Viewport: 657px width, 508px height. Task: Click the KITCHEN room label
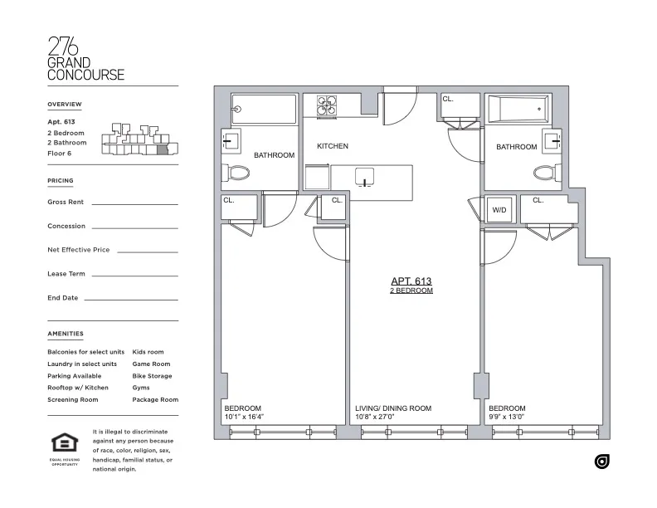click(332, 146)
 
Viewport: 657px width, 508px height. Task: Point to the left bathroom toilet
click(239, 174)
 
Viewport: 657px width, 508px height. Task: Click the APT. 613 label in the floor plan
click(411, 281)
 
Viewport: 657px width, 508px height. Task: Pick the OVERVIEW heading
click(65, 104)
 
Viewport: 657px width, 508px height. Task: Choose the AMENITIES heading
click(66, 334)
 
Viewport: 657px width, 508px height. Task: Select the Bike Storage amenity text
click(152, 376)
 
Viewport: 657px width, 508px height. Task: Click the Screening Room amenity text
click(73, 399)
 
